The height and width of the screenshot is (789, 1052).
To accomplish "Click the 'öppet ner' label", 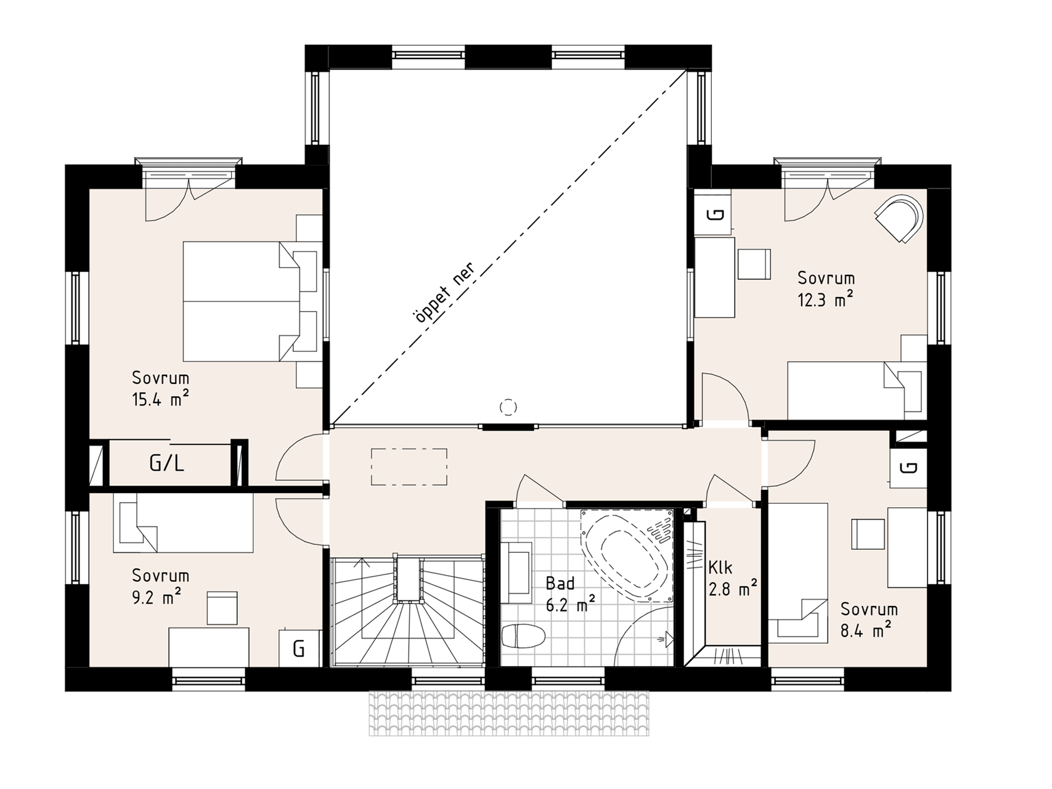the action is [444, 292].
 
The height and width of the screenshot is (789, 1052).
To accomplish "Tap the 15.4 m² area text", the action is [160, 399].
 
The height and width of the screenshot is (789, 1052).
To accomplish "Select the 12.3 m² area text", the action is [825, 300].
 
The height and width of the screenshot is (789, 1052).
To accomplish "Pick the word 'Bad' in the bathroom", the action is [560, 583].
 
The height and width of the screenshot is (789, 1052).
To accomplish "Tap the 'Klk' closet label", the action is [720, 567].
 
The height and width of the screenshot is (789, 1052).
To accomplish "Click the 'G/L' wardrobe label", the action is [167, 463].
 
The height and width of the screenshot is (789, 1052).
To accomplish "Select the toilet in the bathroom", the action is [524, 636].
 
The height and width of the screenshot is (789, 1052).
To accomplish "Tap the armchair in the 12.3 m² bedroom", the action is [900, 219].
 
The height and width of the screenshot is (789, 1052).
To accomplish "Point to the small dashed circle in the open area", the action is [508, 407].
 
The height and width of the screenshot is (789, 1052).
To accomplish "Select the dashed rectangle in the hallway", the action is [409, 467].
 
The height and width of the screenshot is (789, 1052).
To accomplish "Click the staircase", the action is [406, 611].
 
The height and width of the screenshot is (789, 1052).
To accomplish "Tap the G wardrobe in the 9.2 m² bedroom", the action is [300, 648].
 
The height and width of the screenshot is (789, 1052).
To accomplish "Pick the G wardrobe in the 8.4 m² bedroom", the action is [908, 467].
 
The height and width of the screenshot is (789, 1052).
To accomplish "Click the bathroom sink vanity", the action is [516, 573].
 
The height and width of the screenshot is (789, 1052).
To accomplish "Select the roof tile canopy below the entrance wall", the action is [508, 713].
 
